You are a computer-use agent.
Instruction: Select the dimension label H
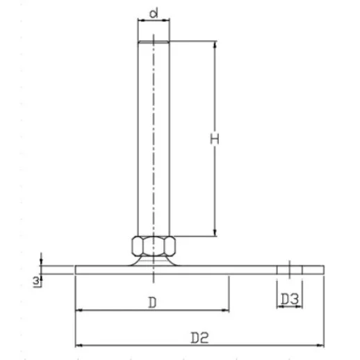click(x=215, y=139)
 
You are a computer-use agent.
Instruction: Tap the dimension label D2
click(x=199, y=337)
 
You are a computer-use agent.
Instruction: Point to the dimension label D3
click(x=290, y=299)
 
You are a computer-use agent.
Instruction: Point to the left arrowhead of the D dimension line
click(x=79, y=311)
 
